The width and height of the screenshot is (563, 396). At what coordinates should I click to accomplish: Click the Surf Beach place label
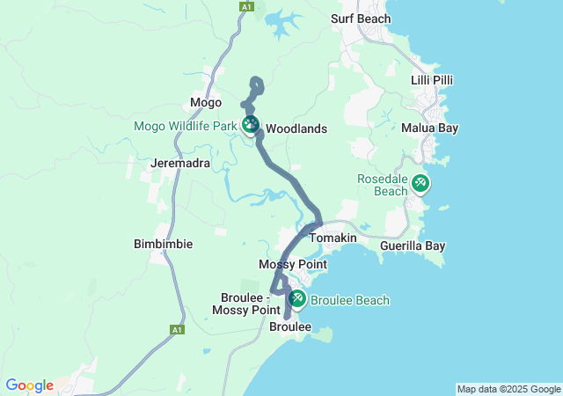click(361, 18)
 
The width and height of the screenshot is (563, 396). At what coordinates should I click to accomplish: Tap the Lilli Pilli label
click(432, 80)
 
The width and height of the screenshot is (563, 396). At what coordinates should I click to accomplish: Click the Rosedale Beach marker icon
click(420, 183)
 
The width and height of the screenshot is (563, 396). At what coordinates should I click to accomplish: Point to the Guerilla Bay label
click(413, 246)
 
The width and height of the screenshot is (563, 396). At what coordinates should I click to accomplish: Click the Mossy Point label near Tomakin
click(293, 264)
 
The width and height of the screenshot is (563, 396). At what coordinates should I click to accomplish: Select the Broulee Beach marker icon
click(297, 299)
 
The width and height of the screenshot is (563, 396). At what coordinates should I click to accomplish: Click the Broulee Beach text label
click(350, 301)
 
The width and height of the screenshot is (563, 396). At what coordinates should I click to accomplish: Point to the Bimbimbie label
click(162, 244)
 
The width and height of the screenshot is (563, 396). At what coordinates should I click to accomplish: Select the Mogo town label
click(206, 103)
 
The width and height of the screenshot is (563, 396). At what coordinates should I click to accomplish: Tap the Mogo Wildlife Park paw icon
click(252, 125)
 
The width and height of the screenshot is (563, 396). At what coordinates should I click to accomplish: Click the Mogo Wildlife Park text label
click(186, 126)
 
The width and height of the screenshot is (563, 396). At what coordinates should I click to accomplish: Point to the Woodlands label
click(296, 129)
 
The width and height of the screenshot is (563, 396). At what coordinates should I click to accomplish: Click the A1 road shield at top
click(245, 6)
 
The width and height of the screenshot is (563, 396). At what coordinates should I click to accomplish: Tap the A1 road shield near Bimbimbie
click(177, 330)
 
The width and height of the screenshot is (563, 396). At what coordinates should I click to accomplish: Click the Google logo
click(29, 385)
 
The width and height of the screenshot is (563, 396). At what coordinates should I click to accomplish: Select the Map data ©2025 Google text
click(508, 389)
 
